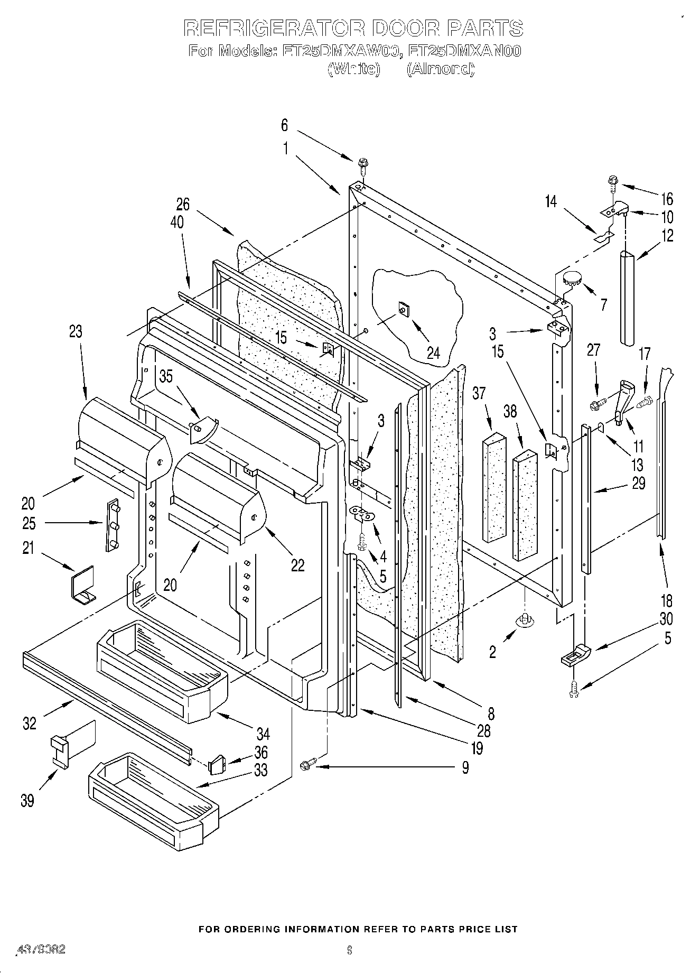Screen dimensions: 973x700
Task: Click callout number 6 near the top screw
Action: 284,125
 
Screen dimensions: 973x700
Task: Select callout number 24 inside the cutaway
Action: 433,353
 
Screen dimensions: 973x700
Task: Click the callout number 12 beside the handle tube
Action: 667,236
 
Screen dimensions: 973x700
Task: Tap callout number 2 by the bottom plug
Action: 492,652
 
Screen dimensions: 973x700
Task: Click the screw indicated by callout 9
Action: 308,765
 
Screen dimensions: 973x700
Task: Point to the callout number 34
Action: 263,734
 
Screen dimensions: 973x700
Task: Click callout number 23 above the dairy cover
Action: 76,332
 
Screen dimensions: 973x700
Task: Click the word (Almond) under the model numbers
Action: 440,69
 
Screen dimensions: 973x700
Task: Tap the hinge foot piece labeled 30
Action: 575,655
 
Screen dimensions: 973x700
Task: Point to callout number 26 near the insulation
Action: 183,204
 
